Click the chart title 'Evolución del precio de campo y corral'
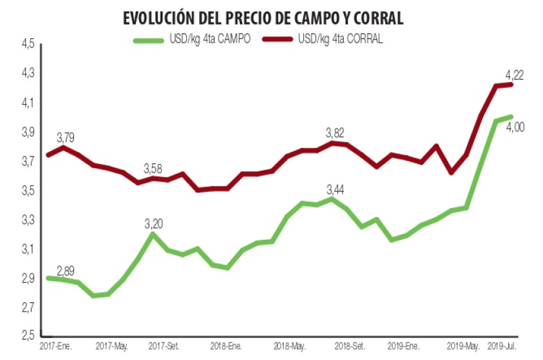[263, 18]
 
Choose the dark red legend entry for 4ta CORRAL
[326, 40]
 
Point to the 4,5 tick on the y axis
[28, 45]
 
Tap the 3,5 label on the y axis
[28, 191]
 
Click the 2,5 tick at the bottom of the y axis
[28, 336]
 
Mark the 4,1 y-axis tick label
[28, 103]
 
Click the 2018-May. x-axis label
[290, 346]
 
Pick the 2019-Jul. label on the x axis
[502, 346]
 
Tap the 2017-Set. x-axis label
[164, 346]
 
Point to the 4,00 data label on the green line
[515, 127]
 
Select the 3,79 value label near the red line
[66, 137]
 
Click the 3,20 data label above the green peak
[153, 224]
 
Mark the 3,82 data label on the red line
[334, 132]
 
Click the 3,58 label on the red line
[153, 169]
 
